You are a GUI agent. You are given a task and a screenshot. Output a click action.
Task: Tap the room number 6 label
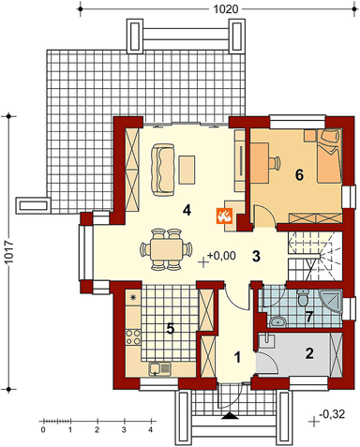299,175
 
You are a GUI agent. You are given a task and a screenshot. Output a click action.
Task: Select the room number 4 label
187,210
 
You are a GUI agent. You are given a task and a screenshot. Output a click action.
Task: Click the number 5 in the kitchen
171,329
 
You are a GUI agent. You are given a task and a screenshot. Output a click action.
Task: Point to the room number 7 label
309,317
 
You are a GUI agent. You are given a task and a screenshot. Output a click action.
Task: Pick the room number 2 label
309,353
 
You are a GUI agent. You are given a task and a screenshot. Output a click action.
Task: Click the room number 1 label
238,357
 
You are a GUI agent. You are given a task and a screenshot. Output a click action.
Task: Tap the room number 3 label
256,257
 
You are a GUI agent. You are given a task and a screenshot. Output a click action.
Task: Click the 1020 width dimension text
226,9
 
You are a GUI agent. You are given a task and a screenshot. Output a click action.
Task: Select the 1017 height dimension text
9,252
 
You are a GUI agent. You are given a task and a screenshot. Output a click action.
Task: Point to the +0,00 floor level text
221,256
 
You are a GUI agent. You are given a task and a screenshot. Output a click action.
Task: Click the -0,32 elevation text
332,414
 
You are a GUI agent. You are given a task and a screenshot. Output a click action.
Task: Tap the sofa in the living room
162,170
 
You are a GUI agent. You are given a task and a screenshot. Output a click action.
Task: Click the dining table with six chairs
166,249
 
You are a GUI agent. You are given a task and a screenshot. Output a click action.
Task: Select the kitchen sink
159,368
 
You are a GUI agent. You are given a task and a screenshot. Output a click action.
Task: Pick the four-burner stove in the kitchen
133,337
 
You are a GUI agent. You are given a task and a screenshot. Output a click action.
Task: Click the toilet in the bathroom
303,298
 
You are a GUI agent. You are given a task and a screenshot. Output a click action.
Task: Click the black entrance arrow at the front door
230,415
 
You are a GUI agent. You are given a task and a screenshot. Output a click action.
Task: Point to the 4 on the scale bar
151,430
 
